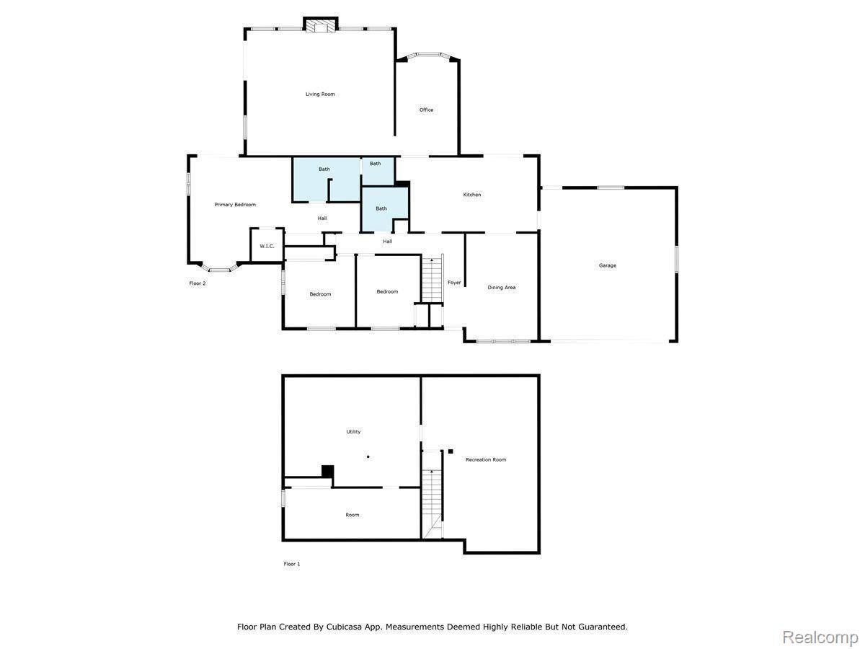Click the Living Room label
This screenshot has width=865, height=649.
pyautogui.click(x=320, y=94)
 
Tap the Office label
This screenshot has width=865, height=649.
pyautogui.click(x=426, y=110)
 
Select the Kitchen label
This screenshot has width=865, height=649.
pyautogui.click(x=471, y=195)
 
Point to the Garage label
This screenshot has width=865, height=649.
pyautogui.click(x=607, y=265)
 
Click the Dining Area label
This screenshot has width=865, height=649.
pyautogui.click(x=501, y=288)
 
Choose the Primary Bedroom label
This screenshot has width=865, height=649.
pyautogui.click(x=235, y=205)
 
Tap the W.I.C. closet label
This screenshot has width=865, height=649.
pyautogui.click(x=267, y=247)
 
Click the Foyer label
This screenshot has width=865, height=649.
pyautogui.click(x=454, y=283)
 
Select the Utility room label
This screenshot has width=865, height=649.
pyautogui.click(x=353, y=432)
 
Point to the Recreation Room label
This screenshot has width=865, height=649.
pyautogui.click(x=486, y=460)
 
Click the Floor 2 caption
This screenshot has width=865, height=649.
pyautogui.click(x=198, y=283)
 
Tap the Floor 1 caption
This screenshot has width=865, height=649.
pyautogui.click(x=291, y=564)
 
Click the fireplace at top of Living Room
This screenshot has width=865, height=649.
pyautogui.click(x=320, y=26)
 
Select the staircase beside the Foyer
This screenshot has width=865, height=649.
pyautogui.click(x=432, y=278)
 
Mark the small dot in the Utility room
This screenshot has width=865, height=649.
pyautogui.click(x=368, y=456)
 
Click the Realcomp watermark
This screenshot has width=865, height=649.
pyautogui.click(x=820, y=637)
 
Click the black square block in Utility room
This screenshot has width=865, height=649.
pyautogui.click(x=327, y=471)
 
